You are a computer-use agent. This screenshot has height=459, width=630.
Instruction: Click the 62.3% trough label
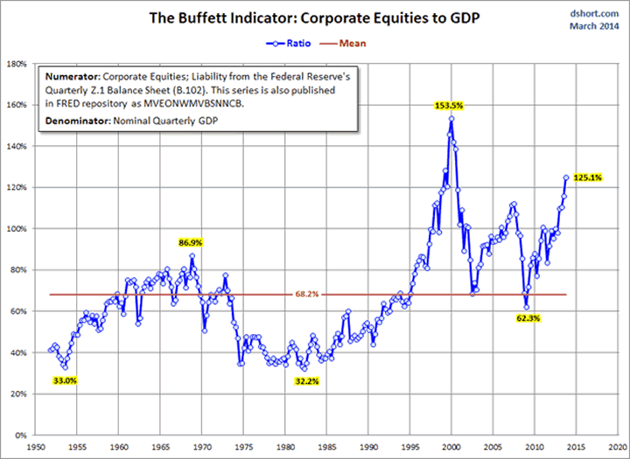(x=528, y=318)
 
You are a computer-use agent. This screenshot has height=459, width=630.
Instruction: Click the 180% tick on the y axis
(x=16, y=64)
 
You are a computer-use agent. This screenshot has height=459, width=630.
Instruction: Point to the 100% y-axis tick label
(x=16, y=229)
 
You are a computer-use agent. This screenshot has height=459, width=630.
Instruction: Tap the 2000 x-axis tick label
(x=451, y=446)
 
